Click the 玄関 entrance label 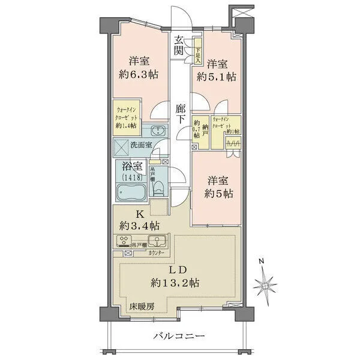coord(179,46)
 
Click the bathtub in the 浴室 coord(130,193)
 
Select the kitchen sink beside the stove coord(160,242)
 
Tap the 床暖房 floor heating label coord(142,307)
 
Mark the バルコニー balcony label coord(178,336)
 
